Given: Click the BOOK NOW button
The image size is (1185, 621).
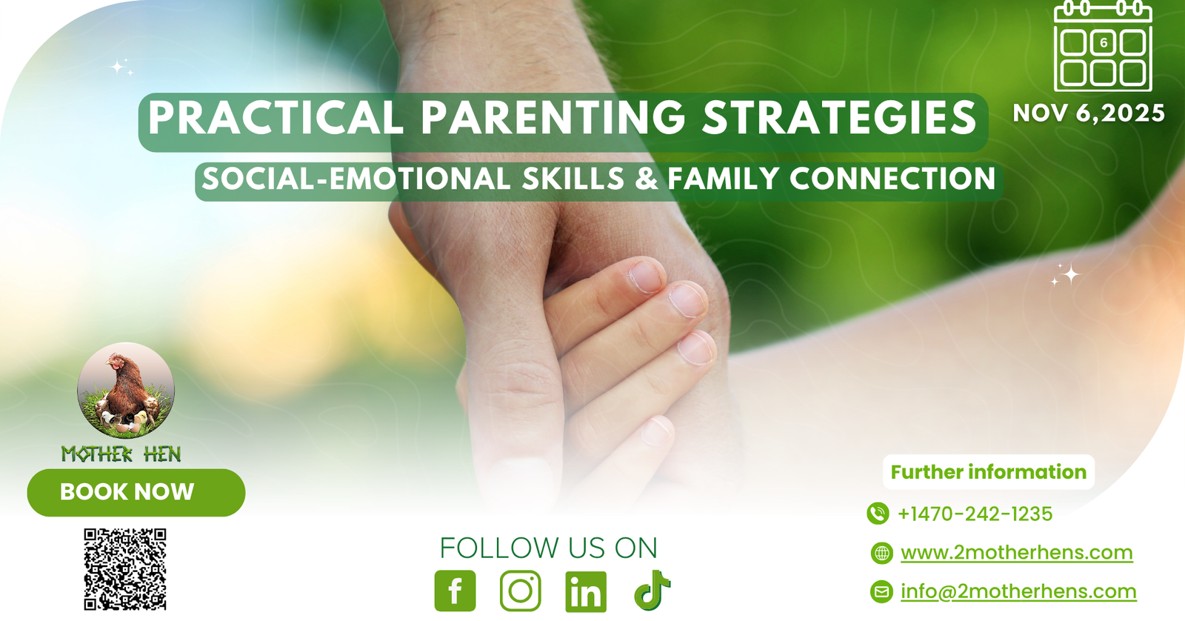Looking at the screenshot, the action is [136, 492].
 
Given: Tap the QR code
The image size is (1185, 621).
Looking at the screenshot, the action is [125, 569].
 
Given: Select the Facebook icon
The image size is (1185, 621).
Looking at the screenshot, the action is [455, 591].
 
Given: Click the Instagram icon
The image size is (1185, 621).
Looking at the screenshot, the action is [521, 591].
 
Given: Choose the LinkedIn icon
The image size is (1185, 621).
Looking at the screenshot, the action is [586, 591].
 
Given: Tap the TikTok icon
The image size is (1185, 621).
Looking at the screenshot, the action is [652, 591].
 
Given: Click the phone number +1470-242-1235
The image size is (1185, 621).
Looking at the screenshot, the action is [975, 514].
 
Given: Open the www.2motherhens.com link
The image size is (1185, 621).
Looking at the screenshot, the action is [1017, 553].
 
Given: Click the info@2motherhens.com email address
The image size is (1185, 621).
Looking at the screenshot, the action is [1018, 591].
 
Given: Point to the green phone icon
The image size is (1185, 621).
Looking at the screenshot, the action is [878, 514].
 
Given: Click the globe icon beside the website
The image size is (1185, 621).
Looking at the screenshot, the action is [882, 554].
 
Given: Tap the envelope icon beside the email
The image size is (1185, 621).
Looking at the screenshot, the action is [882, 591].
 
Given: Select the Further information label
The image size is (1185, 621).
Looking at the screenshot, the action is [988, 472].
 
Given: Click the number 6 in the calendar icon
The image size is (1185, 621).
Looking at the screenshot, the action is [1104, 43].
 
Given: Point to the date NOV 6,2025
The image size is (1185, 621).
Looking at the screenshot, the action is [1089, 113].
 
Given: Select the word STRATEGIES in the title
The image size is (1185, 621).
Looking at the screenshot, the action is [839, 118].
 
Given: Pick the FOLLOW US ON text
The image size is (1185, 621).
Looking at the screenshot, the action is [549, 548].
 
